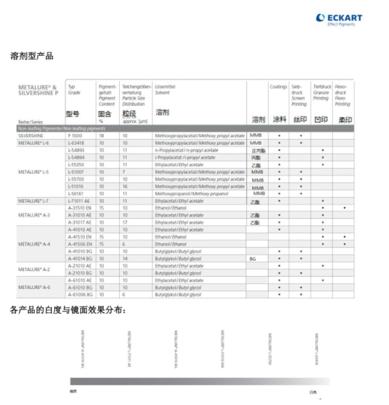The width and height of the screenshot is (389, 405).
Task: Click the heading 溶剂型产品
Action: point(32,56)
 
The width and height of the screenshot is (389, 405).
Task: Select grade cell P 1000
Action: point(75,135)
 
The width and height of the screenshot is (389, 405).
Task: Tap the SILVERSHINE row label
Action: point(31,135)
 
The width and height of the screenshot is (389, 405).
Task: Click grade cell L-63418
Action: point(76,142)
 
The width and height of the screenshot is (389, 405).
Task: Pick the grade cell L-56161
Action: point(76,193)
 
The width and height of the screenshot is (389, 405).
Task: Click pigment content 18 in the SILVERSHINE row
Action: point(102,135)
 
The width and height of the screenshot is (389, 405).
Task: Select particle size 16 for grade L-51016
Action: point(125,186)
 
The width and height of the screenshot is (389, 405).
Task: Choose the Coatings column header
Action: point(279,87)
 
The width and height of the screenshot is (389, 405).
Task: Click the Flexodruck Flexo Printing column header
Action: point(342,95)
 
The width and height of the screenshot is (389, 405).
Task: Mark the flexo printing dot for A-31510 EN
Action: point(344,208)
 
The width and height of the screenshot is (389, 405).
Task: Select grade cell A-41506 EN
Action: point(80,244)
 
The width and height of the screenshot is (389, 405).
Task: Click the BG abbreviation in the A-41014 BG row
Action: point(253,258)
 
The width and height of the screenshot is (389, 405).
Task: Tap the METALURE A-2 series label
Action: point(34,269)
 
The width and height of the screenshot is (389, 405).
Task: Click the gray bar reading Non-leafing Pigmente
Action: point(62,128)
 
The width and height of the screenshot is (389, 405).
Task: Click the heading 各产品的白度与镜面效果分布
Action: point(68,310)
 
